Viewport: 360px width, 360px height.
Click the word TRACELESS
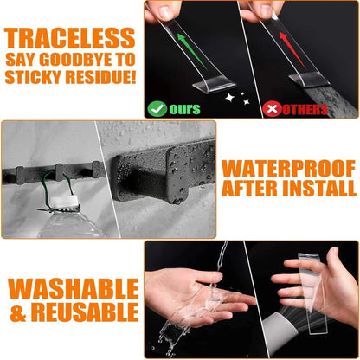[x=69, y=38]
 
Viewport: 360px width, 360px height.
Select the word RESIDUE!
[x=100, y=77]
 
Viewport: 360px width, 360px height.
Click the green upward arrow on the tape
[x=191, y=51]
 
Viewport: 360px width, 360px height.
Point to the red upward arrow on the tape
[x=292, y=50]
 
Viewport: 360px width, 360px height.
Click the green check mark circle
[x=157, y=109]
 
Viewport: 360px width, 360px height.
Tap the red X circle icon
[x=273, y=109]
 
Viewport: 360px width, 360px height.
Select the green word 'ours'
[x=184, y=109]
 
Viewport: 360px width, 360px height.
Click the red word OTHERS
[x=305, y=110]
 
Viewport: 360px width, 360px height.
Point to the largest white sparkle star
[x=229, y=98]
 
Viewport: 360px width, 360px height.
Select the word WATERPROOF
[x=288, y=169]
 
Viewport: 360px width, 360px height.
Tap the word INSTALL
[x=319, y=189]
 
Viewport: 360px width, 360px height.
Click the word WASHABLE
[x=74, y=288]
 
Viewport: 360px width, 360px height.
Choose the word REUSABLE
[x=85, y=312]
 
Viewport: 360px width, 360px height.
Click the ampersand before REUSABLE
[x=18, y=312]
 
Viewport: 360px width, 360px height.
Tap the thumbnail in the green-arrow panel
[x=165, y=11]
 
